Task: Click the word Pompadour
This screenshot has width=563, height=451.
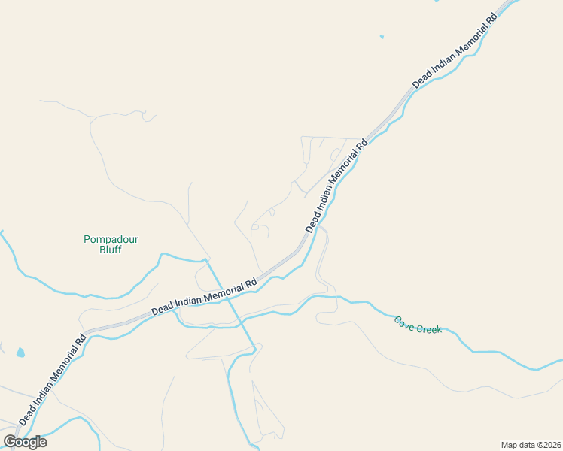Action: click(x=111, y=240)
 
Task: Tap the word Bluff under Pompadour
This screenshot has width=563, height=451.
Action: click(x=111, y=250)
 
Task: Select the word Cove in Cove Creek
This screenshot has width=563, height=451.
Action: click(x=405, y=322)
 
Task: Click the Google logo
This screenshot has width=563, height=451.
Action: click(x=26, y=442)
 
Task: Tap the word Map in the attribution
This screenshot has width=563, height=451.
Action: click(x=510, y=444)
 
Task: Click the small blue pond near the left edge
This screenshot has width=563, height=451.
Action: click(x=20, y=352)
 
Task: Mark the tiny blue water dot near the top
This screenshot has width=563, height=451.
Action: click(x=382, y=36)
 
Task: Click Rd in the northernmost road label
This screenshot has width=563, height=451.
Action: click(x=491, y=20)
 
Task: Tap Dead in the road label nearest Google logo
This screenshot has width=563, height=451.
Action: click(x=25, y=413)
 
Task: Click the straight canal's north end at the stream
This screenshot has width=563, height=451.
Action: click(x=206, y=261)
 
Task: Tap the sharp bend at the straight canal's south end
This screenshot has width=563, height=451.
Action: click(x=255, y=350)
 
